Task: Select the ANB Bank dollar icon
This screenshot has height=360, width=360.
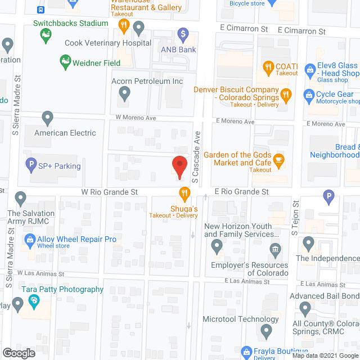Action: coord(182,34)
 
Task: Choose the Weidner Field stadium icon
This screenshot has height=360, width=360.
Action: coord(65,61)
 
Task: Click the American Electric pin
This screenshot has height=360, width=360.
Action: coord(48,119)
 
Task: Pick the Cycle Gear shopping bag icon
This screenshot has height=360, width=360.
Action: coord(309,94)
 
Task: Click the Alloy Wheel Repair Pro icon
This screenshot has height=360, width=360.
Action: coord(30,240)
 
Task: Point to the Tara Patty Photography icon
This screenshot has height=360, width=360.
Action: coord(34,301)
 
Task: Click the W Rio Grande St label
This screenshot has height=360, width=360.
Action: coord(110,192)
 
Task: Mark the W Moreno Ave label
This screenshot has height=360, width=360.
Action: coord(135,118)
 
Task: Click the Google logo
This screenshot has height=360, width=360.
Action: coord(18,353)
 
